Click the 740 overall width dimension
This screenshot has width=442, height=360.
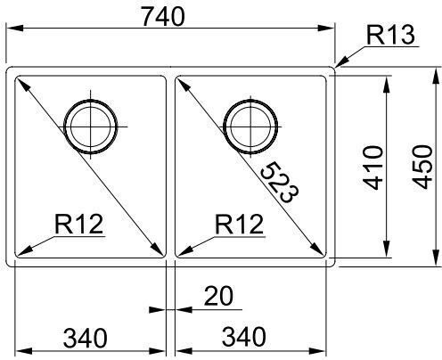pos(163,17)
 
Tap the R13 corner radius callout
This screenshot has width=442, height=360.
pos(390,35)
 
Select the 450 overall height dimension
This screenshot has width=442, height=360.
pos(422,167)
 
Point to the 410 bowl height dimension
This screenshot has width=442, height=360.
pos(373,168)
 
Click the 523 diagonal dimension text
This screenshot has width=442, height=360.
pos(279,183)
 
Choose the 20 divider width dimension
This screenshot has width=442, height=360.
pos(218,296)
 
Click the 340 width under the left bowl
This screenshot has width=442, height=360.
pos(86,338)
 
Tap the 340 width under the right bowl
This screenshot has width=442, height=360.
pos(244,337)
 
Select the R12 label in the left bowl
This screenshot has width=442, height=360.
pos(78,224)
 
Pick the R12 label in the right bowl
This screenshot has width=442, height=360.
pos(239,224)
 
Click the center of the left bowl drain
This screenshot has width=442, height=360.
pos(91,127)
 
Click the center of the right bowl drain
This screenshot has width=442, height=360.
pos(250,127)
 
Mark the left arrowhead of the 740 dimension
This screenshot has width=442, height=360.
pos(15,29)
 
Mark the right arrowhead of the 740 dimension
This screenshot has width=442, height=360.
pos(326,29)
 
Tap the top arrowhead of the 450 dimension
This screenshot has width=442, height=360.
pos(436,77)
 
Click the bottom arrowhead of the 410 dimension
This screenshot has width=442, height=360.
pos(387,249)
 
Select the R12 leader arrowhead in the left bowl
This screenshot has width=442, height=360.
pos(24,250)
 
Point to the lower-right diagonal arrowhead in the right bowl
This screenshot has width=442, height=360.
pos(318,250)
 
